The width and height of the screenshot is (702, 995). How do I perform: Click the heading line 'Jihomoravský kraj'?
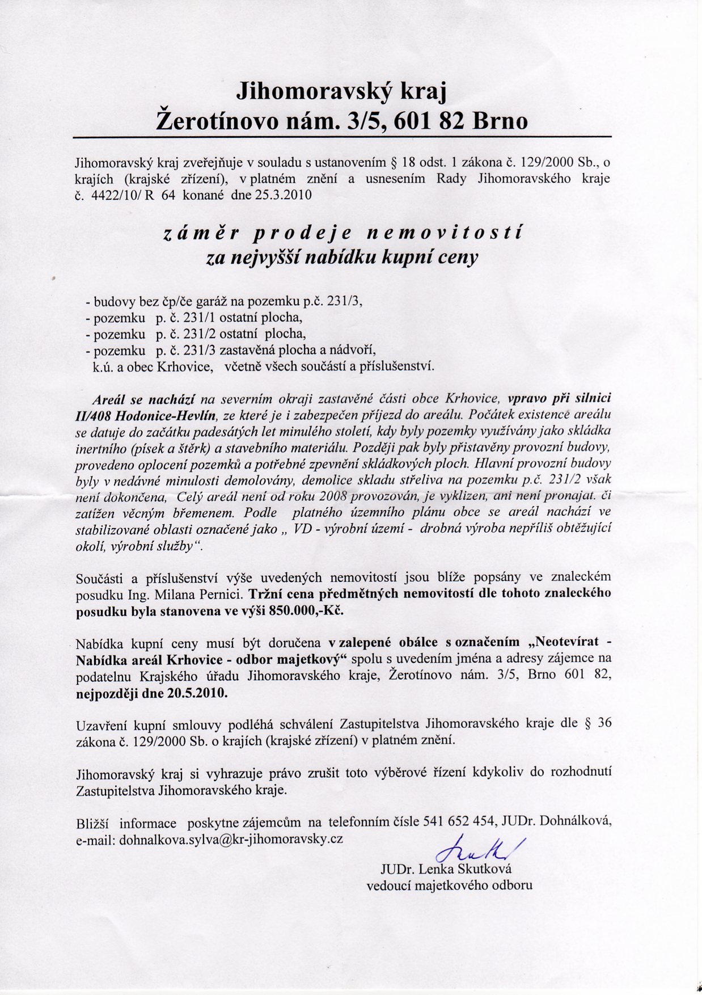pyautogui.click(x=342, y=91)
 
